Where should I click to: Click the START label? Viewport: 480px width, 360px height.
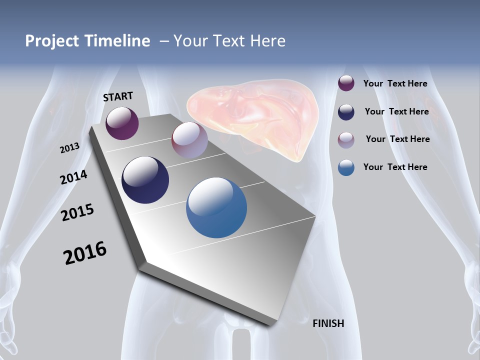[118, 96]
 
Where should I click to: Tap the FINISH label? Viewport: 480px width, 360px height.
[328, 323]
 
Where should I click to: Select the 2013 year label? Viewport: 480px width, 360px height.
[69, 148]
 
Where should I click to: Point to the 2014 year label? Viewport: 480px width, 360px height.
[74, 177]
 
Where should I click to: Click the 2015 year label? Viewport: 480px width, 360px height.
[77, 212]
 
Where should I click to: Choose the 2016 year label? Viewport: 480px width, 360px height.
[85, 253]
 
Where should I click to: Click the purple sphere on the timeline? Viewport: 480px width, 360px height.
[122, 123]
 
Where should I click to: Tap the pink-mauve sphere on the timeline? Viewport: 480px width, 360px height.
[189, 139]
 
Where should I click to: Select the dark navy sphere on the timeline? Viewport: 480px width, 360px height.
[145, 180]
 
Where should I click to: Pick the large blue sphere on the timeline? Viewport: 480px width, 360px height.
[216, 207]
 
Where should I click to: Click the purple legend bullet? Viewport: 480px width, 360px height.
[346, 83]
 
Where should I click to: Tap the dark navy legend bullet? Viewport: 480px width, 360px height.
[346, 112]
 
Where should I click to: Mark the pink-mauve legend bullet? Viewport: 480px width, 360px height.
[346, 140]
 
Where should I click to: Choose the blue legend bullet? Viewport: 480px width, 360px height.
[346, 167]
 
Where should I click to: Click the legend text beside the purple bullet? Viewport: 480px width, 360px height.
[395, 83]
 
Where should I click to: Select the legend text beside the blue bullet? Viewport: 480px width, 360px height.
[395, 167]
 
